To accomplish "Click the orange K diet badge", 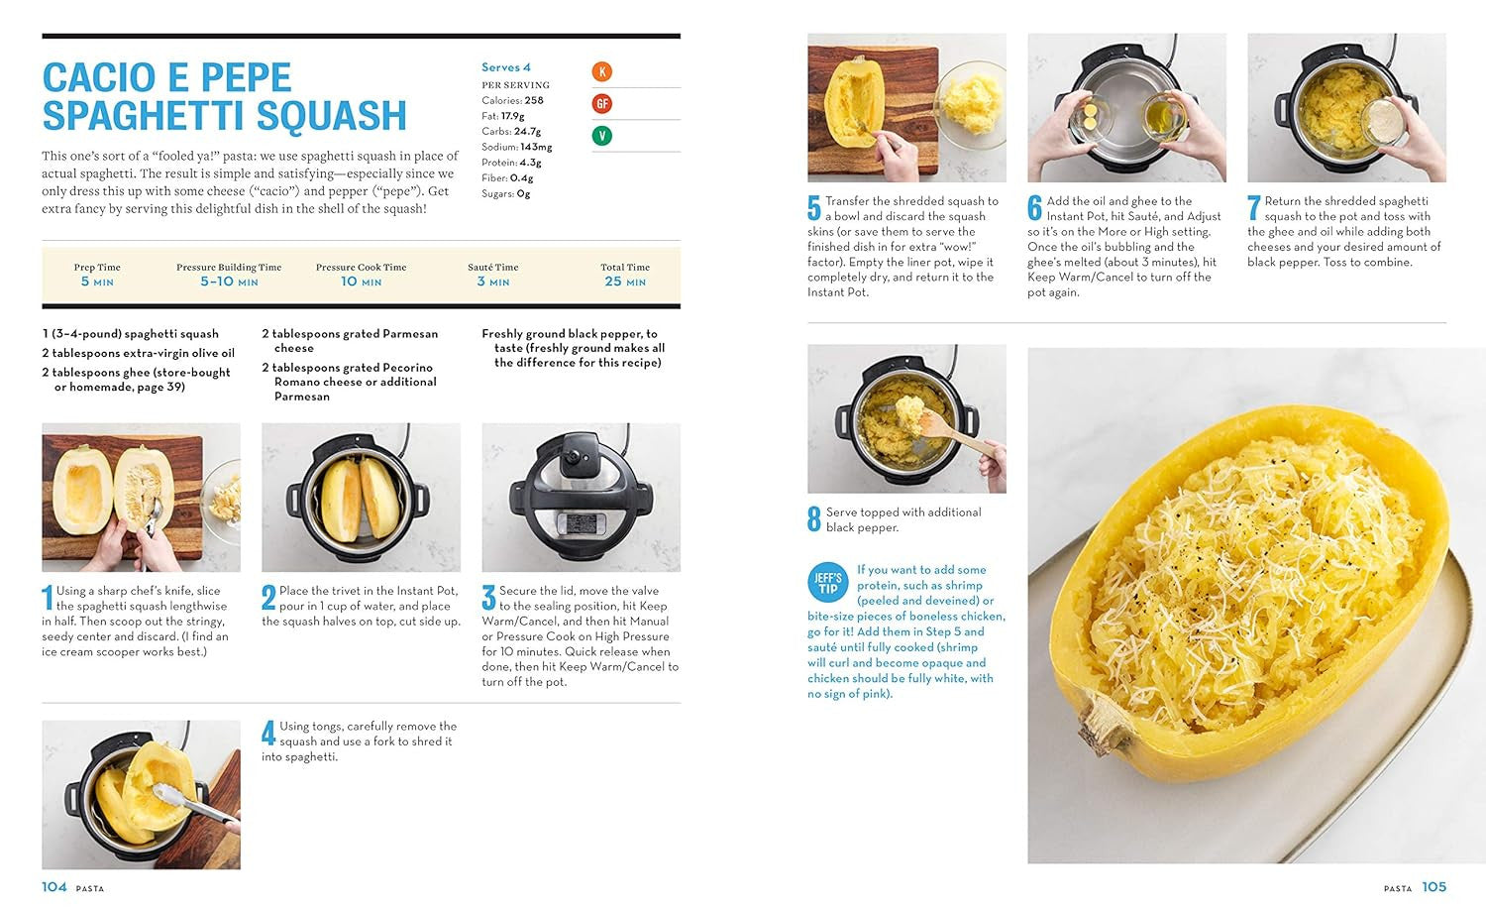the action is (601, 71).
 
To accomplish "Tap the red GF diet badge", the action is (601, 103).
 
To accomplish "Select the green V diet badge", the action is (601, 136).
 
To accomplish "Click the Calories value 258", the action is (533, 100).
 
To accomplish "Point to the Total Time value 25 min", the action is (625, 282).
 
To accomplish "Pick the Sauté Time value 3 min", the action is (493, 282).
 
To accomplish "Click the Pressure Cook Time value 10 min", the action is (361, 282).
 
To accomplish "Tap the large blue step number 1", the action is (48, 597).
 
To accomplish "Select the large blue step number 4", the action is (268, 733).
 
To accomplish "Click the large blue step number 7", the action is (1254, 208).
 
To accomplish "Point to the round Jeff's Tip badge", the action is (828, 582).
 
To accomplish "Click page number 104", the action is (54, 887).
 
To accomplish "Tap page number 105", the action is (1433, 887).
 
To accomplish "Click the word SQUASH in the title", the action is (331, 116).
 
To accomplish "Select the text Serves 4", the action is (505, 67).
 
